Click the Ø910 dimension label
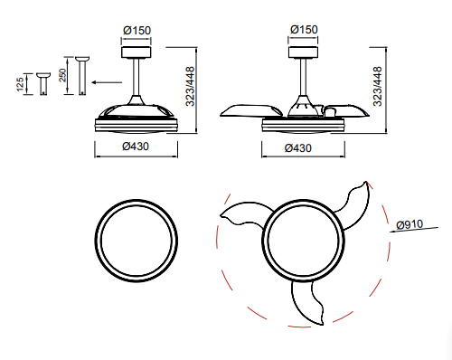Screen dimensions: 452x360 410,224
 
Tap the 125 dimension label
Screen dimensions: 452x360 20,84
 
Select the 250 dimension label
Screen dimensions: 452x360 62,75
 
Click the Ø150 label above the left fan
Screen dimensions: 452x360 137,31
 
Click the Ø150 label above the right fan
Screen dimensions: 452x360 304,30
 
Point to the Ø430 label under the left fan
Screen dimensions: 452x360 136,147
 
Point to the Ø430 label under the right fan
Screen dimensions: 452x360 298,148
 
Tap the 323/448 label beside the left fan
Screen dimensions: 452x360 190,87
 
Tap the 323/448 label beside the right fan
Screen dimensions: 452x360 377,87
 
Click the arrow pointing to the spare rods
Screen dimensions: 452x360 107,82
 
